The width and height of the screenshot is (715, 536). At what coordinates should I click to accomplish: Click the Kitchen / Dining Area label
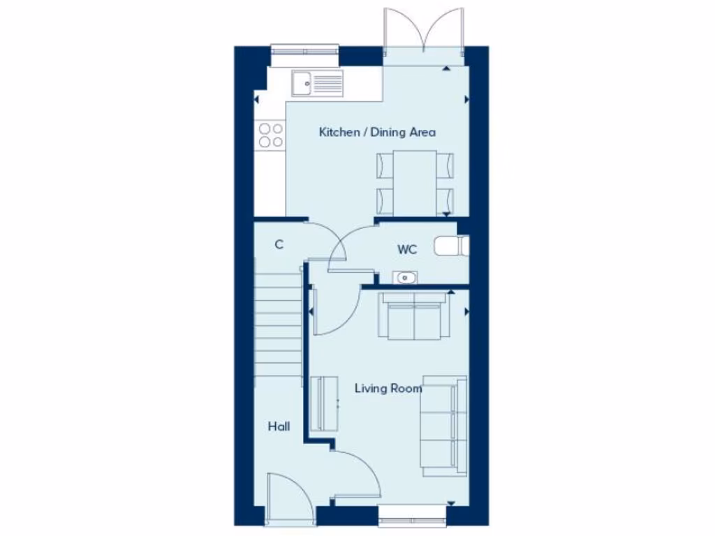(x=377, y=132)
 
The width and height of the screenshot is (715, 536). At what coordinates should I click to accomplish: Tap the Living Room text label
(x=388, y=388)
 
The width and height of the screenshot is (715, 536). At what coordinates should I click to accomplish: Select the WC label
(x=407, y=249)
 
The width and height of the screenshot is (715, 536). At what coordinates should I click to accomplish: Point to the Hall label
(x=279, y=426)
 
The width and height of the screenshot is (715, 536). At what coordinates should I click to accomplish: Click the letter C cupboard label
(x=279, y=244)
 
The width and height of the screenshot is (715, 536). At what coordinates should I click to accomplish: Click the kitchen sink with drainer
(x=318, y=84)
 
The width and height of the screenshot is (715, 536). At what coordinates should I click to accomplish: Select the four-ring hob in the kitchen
(x=271, y=135)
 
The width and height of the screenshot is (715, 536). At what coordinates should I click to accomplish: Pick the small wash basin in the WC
(x=404, y=278)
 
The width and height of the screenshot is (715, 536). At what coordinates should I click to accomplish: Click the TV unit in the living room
(x=323, y=404)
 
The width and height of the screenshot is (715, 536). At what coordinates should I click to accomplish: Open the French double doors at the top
(x=424, y=31)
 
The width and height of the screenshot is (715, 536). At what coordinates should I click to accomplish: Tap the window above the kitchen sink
(x=304, y=50)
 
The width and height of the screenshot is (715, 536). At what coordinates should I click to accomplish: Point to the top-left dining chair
(x=385, y=165)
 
